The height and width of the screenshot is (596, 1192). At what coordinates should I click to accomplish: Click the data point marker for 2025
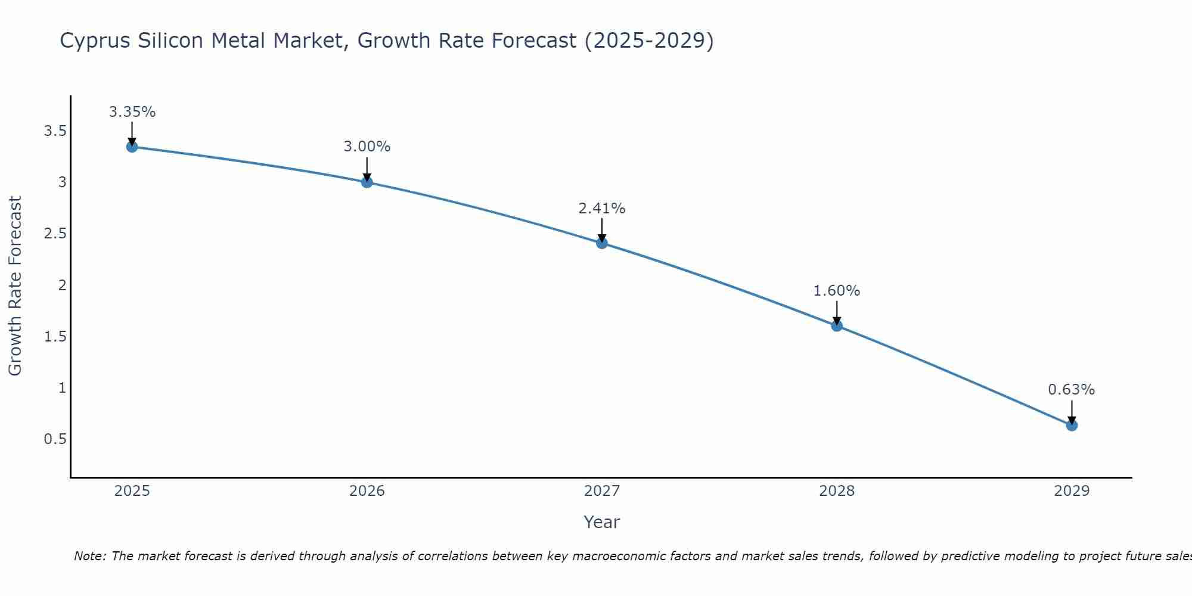coord(132,147)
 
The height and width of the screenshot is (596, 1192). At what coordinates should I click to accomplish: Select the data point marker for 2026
coord(367,182)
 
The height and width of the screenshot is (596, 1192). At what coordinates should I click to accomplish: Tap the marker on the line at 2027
coord(602,243)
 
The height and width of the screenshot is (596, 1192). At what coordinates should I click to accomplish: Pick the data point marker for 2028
coord(837,325)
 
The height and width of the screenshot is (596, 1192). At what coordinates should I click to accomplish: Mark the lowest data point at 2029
coord(1072,425)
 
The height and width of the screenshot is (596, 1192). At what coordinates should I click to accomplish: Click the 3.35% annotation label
coord(132,112)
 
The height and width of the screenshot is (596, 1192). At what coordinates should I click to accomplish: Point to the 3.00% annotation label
coord(367,147)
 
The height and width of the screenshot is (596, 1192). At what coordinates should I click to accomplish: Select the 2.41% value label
coord(602,209)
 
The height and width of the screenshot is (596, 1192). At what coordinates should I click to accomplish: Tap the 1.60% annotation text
coord(837,291)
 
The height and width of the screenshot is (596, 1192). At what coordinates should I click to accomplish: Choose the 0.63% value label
coord(1072,390)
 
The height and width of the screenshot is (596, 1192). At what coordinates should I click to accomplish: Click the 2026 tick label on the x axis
coord(367,491)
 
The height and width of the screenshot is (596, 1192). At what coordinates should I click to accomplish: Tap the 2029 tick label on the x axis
coord(1072,491)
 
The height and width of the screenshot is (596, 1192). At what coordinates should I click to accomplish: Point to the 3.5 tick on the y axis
coord(55,131)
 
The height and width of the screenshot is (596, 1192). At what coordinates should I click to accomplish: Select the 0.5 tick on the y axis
coord(55,439)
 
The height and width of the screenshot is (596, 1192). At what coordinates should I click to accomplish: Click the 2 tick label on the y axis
coord(62,285)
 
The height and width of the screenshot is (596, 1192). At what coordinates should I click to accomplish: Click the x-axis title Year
coord(602,522)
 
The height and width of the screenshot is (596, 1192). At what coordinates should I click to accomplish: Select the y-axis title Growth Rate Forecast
coord(15,286)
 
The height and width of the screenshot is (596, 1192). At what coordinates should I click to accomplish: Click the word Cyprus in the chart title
coord(95,41)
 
